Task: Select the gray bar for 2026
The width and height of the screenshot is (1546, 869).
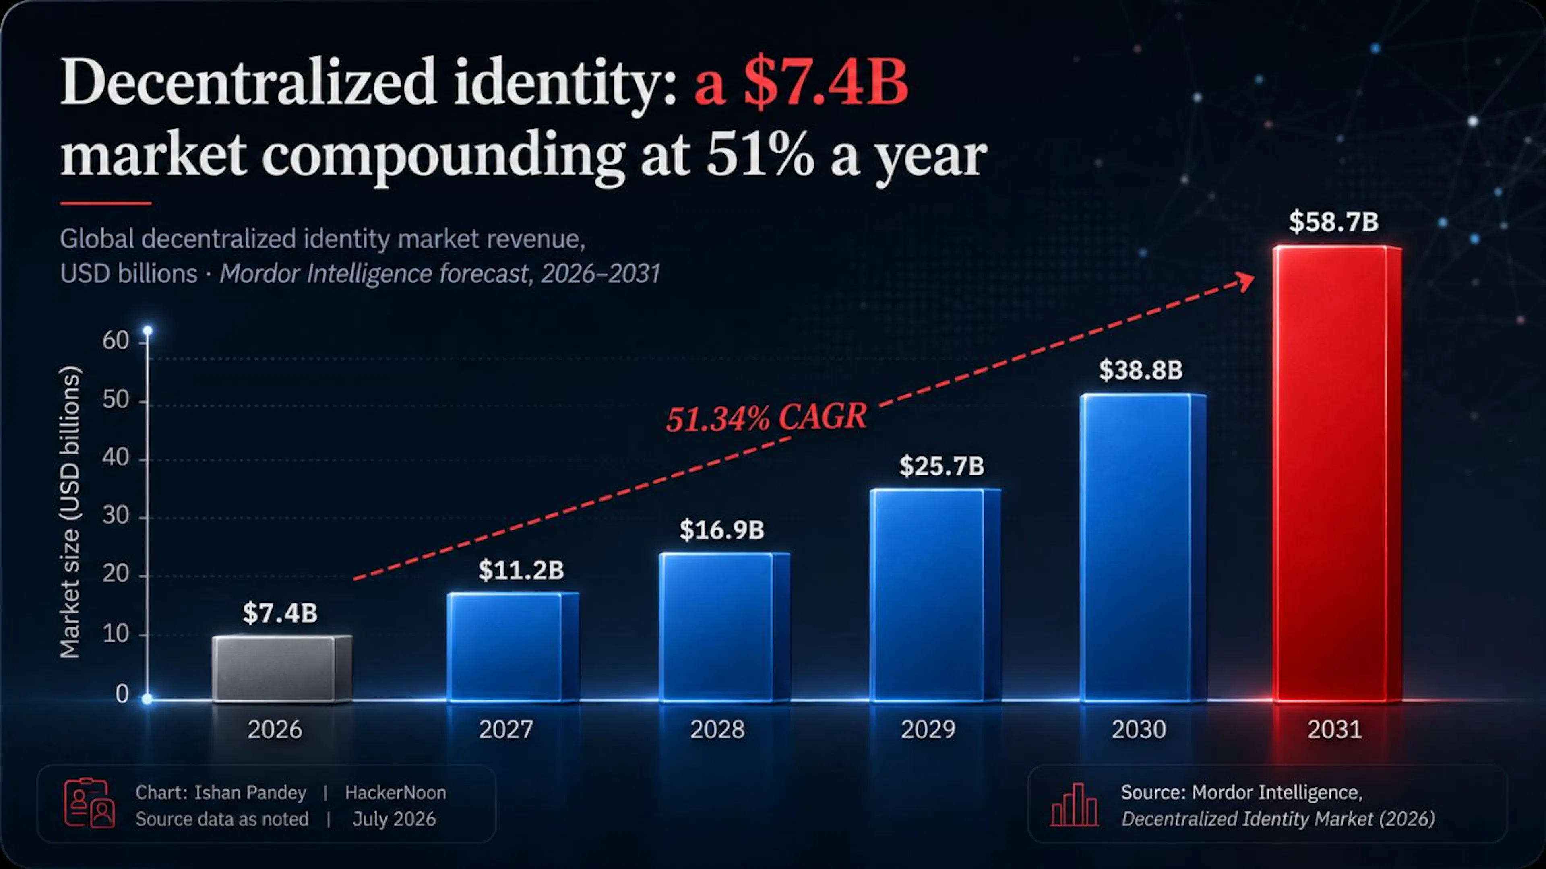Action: [282, 668]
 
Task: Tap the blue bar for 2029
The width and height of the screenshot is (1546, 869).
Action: [935, 595]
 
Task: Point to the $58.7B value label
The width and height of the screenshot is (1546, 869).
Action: [1333, 221]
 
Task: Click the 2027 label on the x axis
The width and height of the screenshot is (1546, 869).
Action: [506, 729]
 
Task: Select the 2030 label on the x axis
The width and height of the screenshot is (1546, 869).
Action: [1139, 729]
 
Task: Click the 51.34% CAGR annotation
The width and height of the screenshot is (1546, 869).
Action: [767, 417]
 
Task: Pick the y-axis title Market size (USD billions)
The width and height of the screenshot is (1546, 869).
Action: [70, 512]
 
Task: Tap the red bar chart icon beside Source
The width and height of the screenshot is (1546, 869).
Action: [1074, 804]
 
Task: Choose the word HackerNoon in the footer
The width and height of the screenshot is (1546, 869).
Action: [395, 793]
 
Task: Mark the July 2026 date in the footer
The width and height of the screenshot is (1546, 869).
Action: [394, 819]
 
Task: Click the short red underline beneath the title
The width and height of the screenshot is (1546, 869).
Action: [105, 203]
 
